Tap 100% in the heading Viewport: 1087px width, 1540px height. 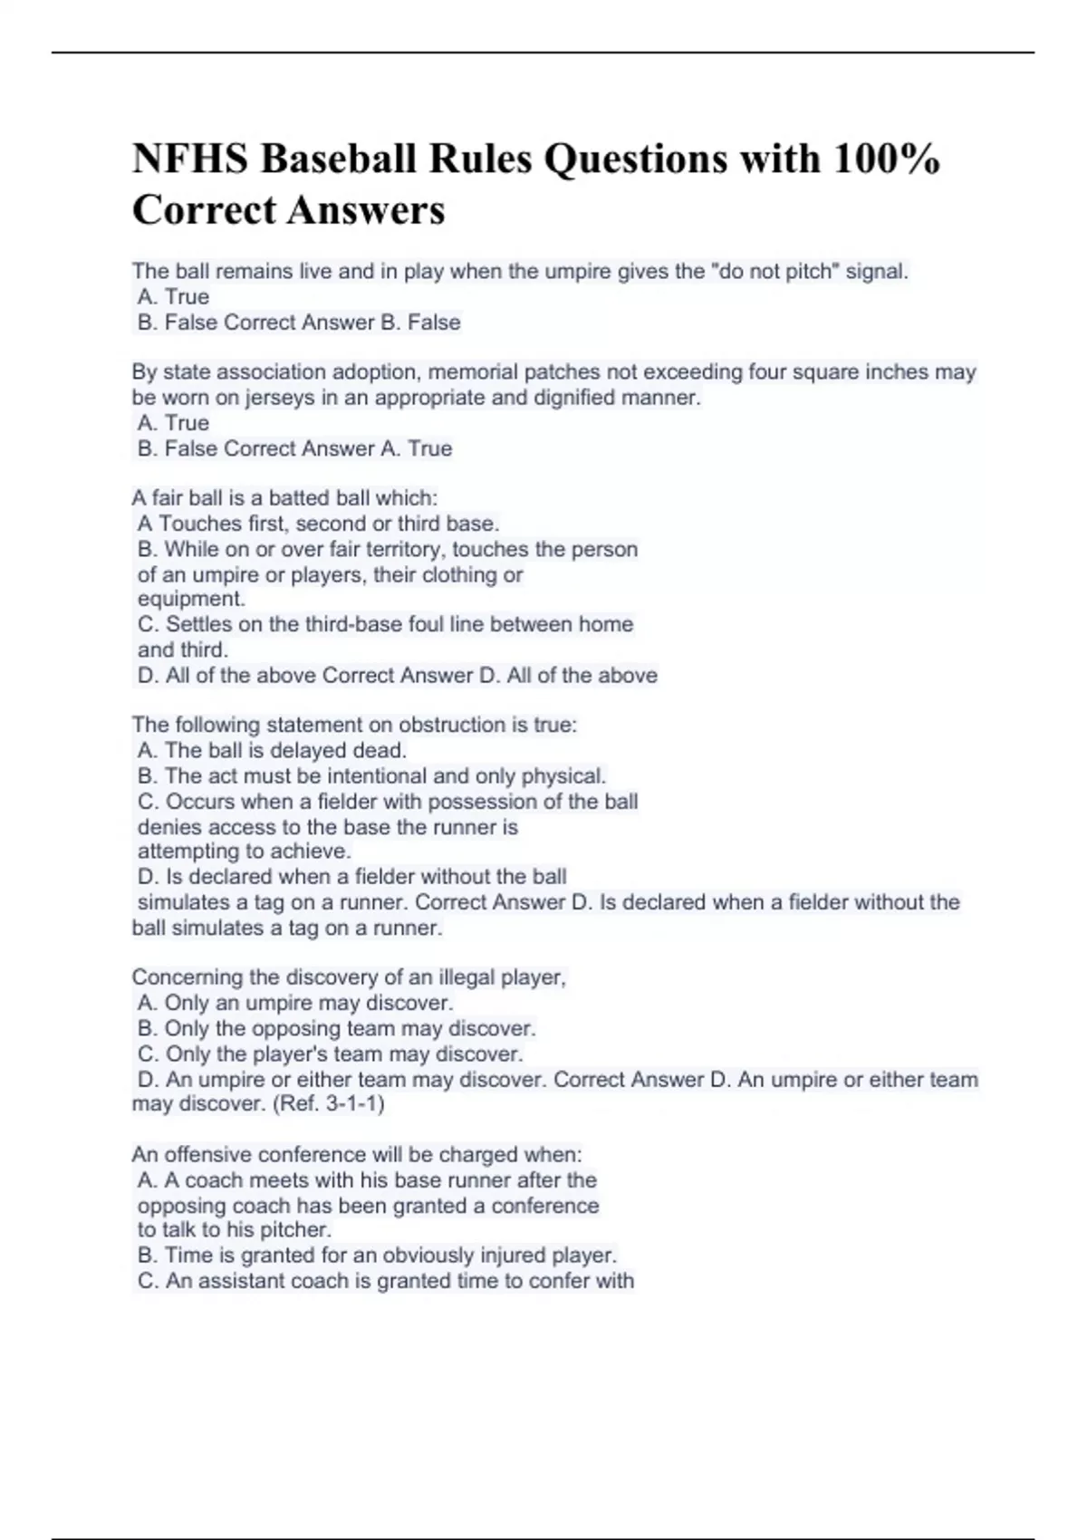pos(886,159)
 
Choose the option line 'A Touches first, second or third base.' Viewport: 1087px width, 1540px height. pos(318,524)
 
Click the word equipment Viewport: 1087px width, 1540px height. pos(190,599)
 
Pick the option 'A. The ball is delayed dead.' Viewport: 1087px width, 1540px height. pos(272,750)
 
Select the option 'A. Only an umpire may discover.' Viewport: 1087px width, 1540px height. pos(295,1003)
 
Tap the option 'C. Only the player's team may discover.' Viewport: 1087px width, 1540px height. pos(331,1054)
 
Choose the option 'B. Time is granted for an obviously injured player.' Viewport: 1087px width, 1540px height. pos(377,1256)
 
